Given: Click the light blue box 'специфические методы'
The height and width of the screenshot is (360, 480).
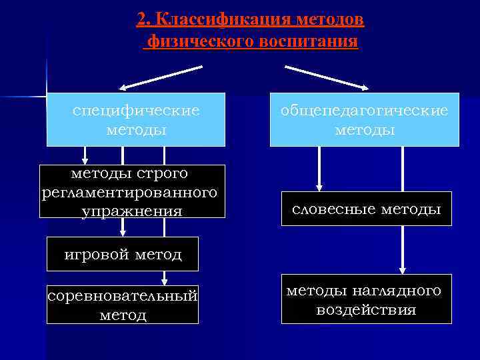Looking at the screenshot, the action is coord(136,119).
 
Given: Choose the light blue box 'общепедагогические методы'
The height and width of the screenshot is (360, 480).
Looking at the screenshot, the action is coord(364,120).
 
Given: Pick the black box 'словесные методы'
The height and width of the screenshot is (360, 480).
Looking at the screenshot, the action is coord(366,209).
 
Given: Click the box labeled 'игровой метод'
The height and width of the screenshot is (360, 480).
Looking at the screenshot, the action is coord(123,253).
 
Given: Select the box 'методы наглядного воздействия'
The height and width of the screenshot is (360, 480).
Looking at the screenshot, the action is coord(366,299).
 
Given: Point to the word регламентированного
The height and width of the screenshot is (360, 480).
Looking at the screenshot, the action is coord(129,193).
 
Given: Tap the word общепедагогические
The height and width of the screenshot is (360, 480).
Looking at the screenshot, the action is coord(364,111).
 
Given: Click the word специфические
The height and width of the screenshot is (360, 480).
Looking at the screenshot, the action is coord(136,110).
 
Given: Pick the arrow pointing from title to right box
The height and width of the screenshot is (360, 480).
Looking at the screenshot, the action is coord(327,77).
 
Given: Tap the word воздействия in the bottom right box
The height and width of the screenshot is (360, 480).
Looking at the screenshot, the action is coord(366,309).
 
